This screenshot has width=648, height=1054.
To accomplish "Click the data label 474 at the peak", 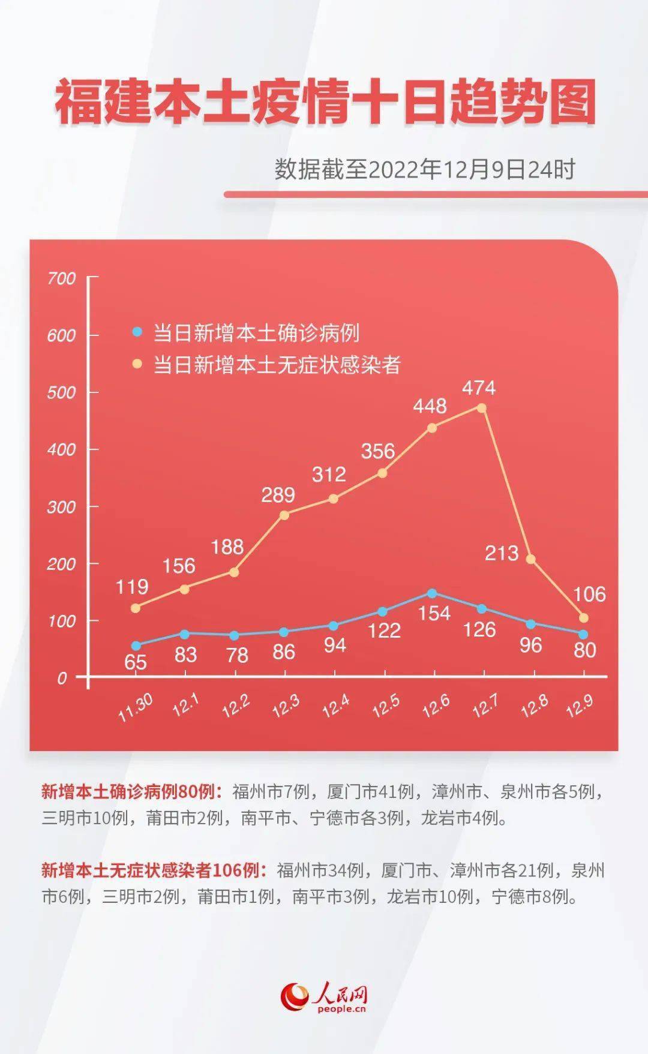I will point(479,388).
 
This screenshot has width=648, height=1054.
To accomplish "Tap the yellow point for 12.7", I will point(481,408).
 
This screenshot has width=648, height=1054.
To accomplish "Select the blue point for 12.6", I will point(431,593).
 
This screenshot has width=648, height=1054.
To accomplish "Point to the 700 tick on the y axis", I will point(62,278).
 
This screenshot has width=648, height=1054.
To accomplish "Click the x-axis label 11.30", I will point(136,708).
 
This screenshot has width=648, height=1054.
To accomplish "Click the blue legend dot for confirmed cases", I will point(137,331).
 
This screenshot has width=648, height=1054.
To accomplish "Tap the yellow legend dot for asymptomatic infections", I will point(137,364).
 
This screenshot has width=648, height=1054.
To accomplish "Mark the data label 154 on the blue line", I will point(434,613).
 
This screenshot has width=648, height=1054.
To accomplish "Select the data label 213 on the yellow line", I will point(502,552).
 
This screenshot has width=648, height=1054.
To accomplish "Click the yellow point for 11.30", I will point(136,608).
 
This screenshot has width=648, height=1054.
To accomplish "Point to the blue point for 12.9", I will point(583,634).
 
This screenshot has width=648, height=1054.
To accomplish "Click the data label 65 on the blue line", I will point(136,662).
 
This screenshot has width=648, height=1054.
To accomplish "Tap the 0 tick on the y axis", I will point(62,678).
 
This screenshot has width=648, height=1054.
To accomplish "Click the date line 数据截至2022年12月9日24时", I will point(425,170).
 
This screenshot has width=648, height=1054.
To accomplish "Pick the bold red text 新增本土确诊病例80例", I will point(128,792).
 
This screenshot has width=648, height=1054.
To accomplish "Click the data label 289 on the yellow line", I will point(278,495).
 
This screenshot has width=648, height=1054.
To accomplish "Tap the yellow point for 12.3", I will point(284,515).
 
